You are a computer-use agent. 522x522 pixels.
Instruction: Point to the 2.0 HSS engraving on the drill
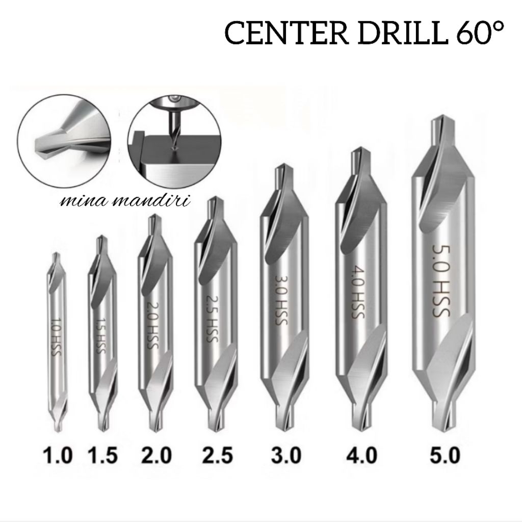tap(150, 327)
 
